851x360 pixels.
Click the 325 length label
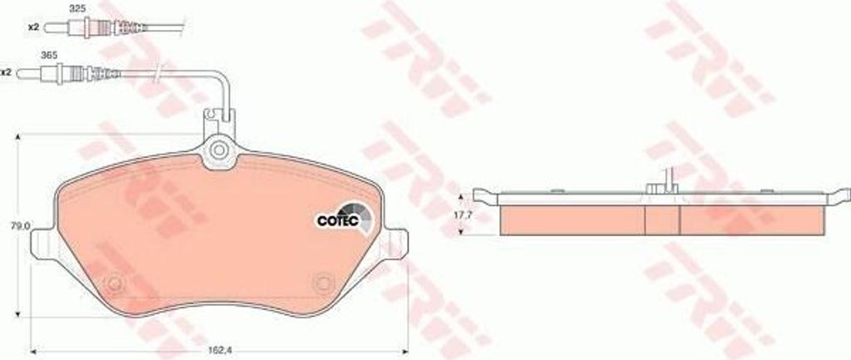coord(77,9)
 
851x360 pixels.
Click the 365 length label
coord(49,55)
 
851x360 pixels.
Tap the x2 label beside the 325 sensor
coord(33,27)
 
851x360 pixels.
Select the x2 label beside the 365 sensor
coord(6,72)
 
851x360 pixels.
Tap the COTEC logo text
coord(337,220)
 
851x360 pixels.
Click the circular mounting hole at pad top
coord(219,150)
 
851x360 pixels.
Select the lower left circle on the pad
coord(115,283)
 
